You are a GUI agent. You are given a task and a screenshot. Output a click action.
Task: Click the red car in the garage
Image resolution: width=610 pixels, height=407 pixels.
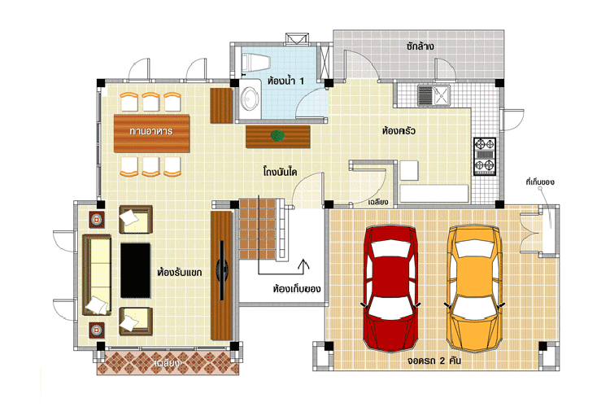(x=390, y=288)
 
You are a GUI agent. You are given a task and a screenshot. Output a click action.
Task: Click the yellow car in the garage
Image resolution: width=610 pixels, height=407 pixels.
(x=475, y=288)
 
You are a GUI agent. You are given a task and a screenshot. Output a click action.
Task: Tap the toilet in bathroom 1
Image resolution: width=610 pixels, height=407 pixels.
(x=255, y=63)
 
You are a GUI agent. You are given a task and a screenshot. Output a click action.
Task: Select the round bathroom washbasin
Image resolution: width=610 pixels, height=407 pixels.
(x=250, y=98)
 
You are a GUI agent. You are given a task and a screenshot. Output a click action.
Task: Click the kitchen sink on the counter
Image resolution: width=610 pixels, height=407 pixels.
(x=434, y=95)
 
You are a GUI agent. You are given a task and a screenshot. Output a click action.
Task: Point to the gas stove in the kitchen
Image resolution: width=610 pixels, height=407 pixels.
(x=485, y=156)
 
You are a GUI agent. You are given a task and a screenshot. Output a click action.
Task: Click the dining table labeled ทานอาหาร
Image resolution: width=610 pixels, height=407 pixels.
(x=151, y=133)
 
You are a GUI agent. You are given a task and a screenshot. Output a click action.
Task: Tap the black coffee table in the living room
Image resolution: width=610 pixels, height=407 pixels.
(x=135, y=271)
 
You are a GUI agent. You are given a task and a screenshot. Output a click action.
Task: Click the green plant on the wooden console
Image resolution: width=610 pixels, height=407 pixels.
(x=277, y=136)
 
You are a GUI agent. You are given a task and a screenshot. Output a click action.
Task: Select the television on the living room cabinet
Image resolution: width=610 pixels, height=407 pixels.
(x=223, y=270)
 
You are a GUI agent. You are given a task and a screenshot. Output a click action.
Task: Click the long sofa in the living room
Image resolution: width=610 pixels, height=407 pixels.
(x=97, y=275)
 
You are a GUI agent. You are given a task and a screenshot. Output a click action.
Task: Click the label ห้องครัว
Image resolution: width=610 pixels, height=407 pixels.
(x=399, y=131)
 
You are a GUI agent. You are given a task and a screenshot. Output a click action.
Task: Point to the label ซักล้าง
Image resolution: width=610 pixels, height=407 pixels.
(x=420, y=46)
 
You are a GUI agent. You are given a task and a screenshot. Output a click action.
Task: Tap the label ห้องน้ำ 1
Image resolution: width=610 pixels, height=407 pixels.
(x=286, y=81)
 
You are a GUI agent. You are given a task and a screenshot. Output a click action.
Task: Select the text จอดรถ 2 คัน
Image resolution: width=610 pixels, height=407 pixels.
(x=434, y=361)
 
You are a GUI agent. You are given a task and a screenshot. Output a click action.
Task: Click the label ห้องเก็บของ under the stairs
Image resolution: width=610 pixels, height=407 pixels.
(x=297, y=290)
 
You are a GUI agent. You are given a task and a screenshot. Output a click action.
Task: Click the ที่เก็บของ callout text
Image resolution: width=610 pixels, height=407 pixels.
(x=540, y=182)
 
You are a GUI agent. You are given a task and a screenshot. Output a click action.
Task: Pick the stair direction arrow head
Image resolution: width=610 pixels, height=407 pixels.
(x=303, y=263)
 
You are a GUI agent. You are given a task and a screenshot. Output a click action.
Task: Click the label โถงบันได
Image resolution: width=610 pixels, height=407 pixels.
(x=280, y=172)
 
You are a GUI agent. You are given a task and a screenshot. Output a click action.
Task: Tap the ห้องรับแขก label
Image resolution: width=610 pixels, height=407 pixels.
(x=180, y=272)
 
